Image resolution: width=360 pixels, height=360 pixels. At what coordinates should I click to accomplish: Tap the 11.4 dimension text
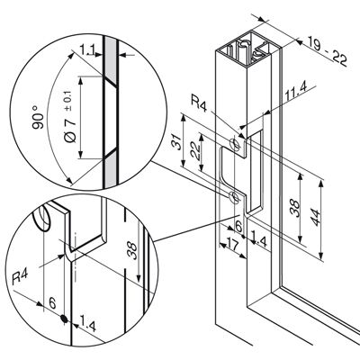[x=296, y=92]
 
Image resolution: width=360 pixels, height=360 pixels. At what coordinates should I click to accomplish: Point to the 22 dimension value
[x=195, y=149]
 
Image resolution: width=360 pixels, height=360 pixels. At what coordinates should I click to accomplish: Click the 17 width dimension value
[x=233, y=247]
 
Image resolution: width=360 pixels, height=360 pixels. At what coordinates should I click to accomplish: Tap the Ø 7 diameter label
[x=69, y=130]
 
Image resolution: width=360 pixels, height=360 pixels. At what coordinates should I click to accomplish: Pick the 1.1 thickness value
[x=87, y=49]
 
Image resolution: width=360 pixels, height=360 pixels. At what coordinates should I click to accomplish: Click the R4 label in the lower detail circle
[x=20, y=277]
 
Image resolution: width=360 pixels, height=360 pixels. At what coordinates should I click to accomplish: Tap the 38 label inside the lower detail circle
[x=132, y=250]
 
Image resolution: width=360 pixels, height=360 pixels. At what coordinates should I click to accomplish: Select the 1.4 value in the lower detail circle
[x=87, y=326]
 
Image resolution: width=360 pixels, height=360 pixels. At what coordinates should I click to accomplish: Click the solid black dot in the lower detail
[x=64, y=319]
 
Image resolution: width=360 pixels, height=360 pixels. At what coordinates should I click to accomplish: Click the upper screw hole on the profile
[x=235, y=144]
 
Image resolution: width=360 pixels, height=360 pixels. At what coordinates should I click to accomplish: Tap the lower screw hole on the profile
[x=234, y=196]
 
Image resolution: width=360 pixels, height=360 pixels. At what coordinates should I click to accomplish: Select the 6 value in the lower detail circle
[x=52, y=303]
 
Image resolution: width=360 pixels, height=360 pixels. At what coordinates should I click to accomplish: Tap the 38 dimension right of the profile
[x=295, y=209]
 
